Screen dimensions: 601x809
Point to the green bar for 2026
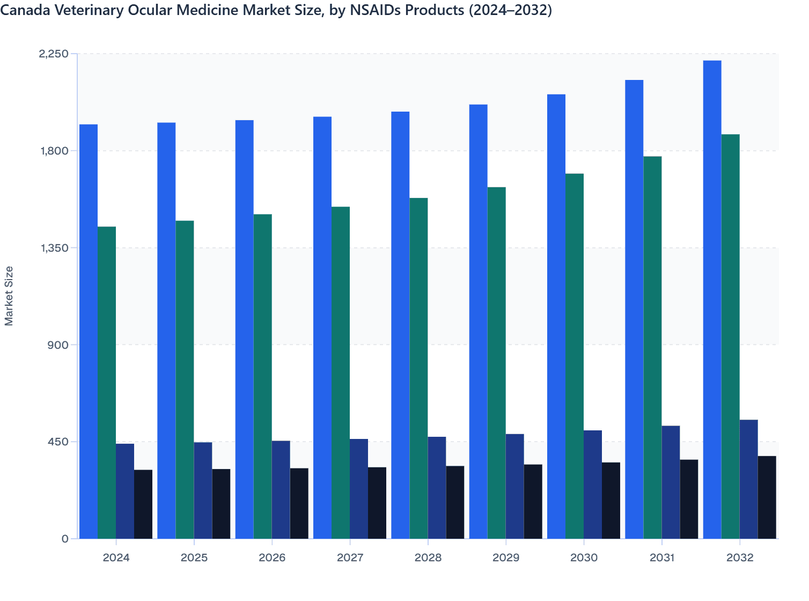(x=262, y=376)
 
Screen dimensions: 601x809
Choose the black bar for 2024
(x=143, y=504)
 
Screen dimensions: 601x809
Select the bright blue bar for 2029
(x=478, y=321)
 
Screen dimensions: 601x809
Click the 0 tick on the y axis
(x=65, y=539)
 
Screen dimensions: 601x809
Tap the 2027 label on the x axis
(x=350, y=558)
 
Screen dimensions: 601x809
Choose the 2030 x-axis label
(x=584, y=558)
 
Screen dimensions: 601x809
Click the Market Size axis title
(x=9, y=296)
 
